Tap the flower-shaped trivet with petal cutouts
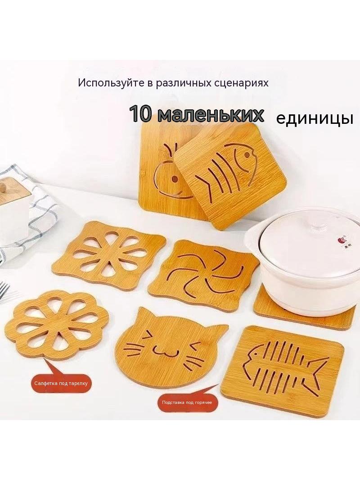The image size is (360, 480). pos(57,324)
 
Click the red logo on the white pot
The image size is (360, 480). pos(342,239)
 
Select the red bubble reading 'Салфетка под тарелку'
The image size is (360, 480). pos(61,383)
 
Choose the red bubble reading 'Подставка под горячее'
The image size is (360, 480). pos(187,403)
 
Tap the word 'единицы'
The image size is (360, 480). pos(315,118)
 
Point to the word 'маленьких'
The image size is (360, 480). pos(211,114)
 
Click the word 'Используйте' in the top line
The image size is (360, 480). pos(111,83)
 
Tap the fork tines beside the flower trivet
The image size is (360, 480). pos(4,289)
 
